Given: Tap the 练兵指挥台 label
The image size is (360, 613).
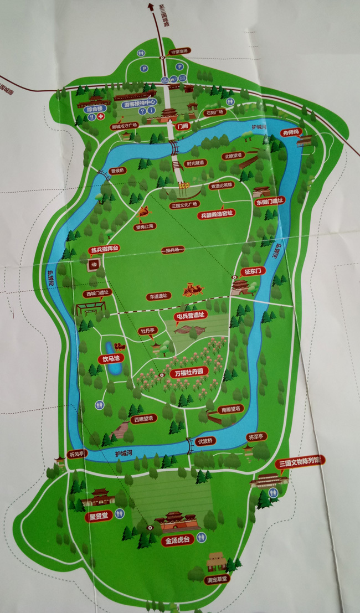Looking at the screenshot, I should pos(104,250).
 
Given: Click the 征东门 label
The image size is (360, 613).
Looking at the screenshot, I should pos(254,271).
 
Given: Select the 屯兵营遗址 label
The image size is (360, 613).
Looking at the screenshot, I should pos(190,316).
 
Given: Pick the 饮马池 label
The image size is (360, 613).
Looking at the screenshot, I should pos(111,358).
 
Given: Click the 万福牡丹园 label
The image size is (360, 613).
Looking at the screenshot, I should pos(188,373).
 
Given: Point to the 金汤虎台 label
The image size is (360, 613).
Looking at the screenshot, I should pos(177,540).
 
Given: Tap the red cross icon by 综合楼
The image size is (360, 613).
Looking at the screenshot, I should pos(101,117).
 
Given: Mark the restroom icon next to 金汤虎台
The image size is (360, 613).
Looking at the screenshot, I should pos(203,537).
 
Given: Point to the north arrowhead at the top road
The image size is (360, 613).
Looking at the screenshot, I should pos(150,6).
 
